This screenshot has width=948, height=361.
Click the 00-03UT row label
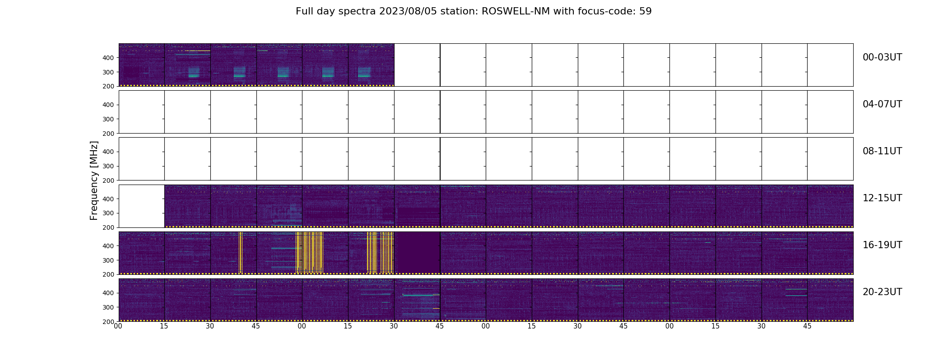(x=882, y=57)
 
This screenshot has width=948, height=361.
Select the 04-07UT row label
(x=882, y=104)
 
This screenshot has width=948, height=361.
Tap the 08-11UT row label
(x=882, y=151)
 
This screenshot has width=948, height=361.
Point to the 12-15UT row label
(x=882, y=198)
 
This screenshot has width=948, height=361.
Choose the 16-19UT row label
(x=882, y=245)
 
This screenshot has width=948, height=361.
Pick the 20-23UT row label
(x=882, y=292)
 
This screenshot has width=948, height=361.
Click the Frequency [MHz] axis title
(x=94, y=180)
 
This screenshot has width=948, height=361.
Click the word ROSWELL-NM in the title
(x=516, y=11)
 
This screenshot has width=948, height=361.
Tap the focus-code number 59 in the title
(x=646, y=11)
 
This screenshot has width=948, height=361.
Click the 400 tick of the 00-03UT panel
(x=108, y=58)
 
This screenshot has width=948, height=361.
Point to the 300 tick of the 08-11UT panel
(x=108, y=166)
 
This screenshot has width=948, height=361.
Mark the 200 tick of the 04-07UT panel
(x=108, y=134)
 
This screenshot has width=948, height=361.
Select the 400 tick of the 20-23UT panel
(x=108, y=293)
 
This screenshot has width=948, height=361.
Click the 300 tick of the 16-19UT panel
(x=108, y=260)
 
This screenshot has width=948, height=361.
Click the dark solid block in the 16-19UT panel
(x=417, y=253)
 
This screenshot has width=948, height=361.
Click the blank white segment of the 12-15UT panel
(x=141, y=206)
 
